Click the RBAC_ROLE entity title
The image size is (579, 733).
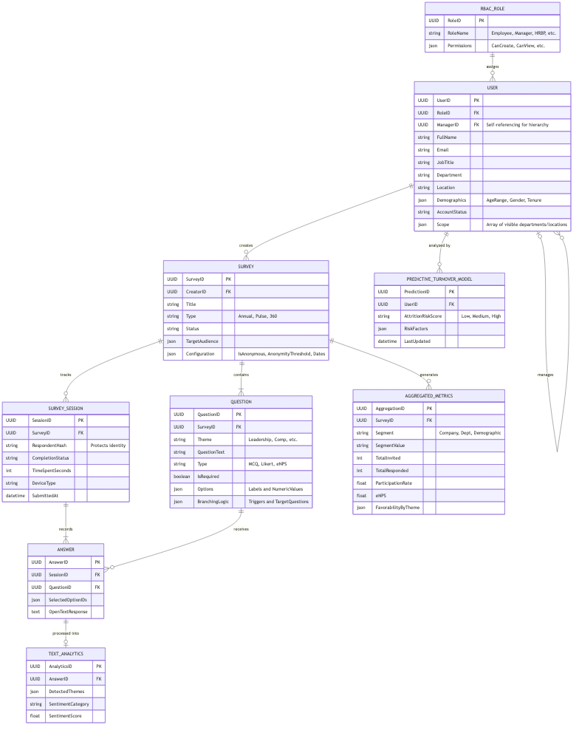tap(492, 9)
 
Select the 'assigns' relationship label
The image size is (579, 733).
tap(492, 67)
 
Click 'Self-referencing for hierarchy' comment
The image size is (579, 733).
tap(517, 125)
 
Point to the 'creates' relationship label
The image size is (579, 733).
tap(246, 245)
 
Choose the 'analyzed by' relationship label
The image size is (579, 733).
tap(439, 245)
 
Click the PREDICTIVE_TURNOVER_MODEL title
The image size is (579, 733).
tap(439, 279)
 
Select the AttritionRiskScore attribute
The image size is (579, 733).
tap(422, 316)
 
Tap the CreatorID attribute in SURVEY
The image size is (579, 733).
tap(196, 292)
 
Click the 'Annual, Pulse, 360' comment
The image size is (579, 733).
tap(257, 316)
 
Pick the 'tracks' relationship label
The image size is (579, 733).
tap(66, 375)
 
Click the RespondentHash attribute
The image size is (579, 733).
tap(51, 446)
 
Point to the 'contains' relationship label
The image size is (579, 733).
tap(241, 375)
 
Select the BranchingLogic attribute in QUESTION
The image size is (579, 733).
tap(212, 502)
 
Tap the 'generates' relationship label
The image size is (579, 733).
tap(428, 375)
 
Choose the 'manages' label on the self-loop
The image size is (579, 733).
tap(545, 375)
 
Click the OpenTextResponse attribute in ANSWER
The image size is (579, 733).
tap(68, 611)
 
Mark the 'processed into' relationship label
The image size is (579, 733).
tap(66, 633)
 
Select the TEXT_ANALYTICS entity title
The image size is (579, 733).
tap(66, 654)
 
